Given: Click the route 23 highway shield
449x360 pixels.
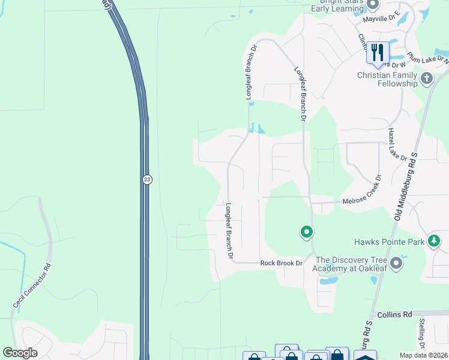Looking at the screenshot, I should tap(147, 179).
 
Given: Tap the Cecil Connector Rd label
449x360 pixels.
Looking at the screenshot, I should tap(31, 286).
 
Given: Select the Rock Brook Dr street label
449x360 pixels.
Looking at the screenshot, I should tap(281, 263).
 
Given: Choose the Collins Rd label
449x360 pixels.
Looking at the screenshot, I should tap(394, 314).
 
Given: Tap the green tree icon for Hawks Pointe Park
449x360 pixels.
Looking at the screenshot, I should tap(434, 241).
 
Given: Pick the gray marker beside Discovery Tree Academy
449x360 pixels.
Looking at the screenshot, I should tap(396, 263).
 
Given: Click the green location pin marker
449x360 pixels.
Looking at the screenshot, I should tap(306, 232).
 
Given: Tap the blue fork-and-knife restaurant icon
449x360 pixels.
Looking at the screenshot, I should tap(377, 52).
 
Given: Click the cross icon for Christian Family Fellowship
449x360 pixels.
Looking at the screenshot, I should tap(427, 78).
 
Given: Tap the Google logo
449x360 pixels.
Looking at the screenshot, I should tap(20, 353).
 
